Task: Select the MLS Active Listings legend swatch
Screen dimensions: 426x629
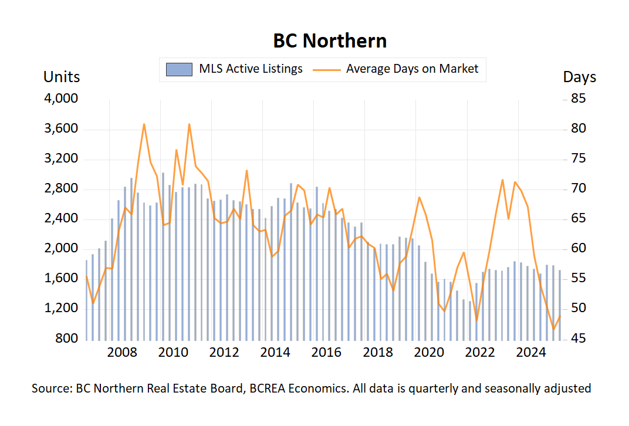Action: [x=180, y=69]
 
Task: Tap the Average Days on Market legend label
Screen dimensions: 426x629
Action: [x=412, y=69]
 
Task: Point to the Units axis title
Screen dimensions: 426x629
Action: [x=62, y=77]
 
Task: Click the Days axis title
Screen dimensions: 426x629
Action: [x=579, y=77]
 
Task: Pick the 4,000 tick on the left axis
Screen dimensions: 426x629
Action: [x=62, y=99]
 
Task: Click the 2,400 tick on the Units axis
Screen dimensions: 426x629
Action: [x=62, y=219]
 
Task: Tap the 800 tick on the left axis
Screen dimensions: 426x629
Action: [x=67, y=339]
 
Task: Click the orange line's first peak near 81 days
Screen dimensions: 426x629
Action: [x=144, y=124]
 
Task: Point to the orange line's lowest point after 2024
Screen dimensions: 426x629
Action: [x=553, y=329]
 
